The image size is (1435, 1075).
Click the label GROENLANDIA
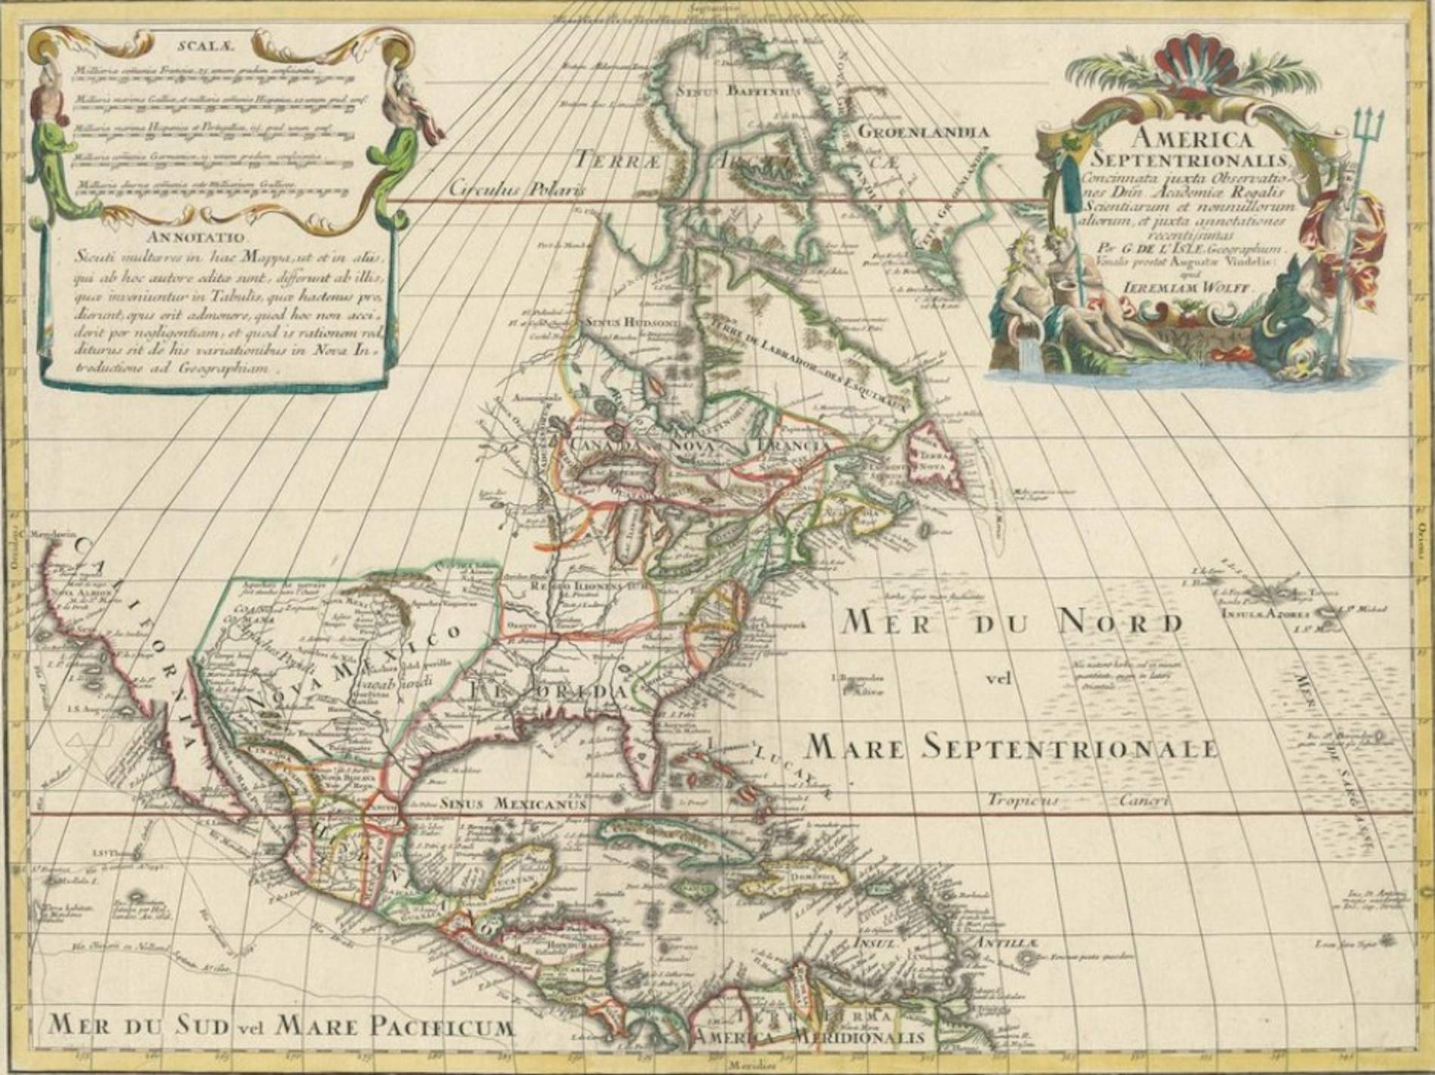pos(922,132)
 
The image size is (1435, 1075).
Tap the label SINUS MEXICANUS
pos(514,805)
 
